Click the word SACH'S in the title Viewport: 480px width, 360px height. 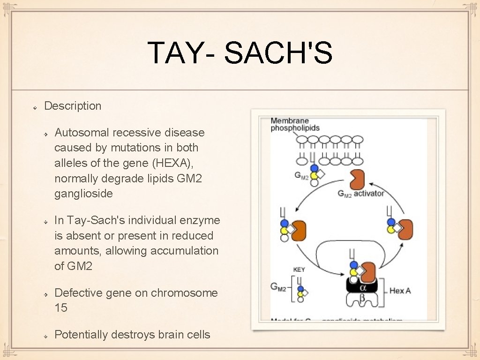[x=278, y=52]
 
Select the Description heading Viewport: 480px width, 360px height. [x=73, y=106]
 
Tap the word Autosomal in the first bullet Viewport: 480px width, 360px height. [x=80, y=133]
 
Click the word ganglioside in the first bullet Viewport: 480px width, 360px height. [x=83, y=194]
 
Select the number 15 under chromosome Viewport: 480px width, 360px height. [x=61, y=308]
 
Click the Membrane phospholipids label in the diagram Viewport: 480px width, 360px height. [x=295, y=124]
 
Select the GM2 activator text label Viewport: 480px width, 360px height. [x=360, y=194]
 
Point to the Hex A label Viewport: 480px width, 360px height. [x=400, y=291]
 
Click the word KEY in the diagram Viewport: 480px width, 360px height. [x=299, y=270]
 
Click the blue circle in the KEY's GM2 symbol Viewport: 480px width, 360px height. [x=300, y=289]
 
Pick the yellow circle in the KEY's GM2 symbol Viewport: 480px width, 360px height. [x=300, y=294]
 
